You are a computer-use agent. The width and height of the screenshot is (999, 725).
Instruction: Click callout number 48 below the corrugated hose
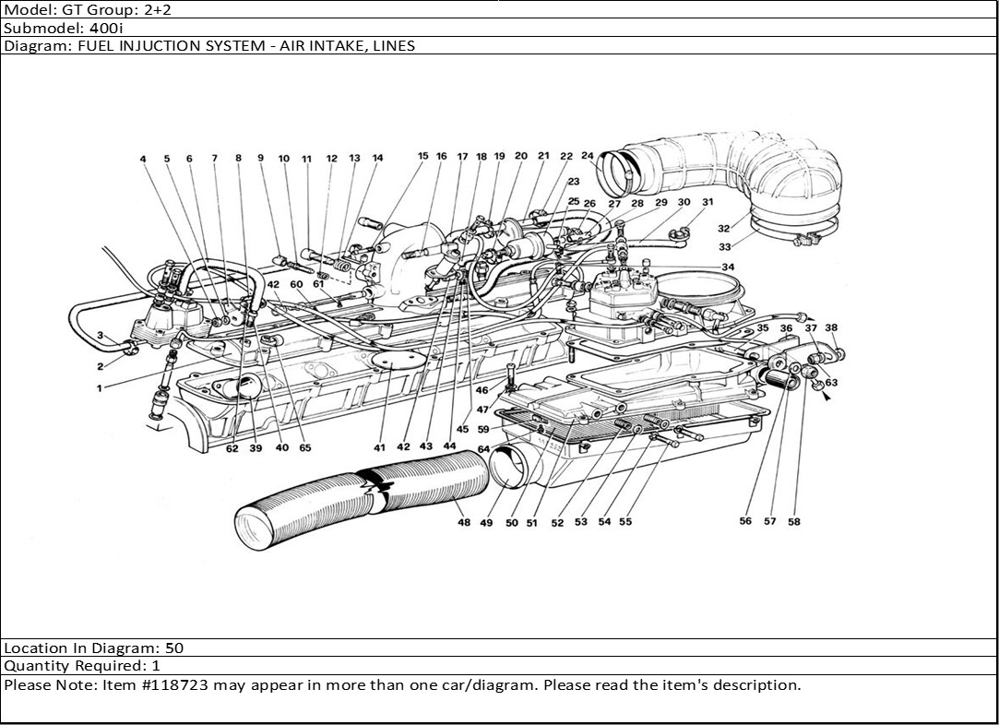point(463,523)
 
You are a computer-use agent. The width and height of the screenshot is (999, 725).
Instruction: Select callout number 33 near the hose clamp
point(725,247)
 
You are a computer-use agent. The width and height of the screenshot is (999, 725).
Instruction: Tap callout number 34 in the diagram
point(729,267)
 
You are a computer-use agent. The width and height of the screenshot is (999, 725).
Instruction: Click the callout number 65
point(305,448)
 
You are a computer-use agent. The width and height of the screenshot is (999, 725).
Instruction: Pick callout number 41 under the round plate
point(379,447)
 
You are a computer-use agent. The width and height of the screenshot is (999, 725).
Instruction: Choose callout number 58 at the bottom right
point(793,521)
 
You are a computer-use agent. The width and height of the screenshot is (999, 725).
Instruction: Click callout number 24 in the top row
point(588,156)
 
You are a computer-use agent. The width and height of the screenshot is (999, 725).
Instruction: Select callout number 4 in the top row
point(143,159)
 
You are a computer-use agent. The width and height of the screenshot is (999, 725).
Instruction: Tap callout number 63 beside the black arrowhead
point(831,382)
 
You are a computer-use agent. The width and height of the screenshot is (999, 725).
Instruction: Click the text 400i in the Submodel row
point(94,27)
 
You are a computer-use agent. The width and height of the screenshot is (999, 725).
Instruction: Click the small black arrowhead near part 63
point(825,398)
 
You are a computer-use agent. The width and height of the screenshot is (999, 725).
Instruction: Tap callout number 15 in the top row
point(422,157)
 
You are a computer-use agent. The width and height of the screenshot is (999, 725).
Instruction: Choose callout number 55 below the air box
point(625,522)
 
